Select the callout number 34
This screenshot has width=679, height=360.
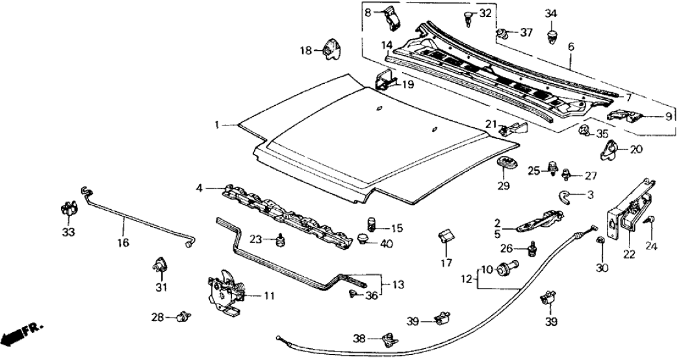551,12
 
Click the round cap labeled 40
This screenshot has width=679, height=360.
367,240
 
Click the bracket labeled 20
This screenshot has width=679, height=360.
610,151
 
